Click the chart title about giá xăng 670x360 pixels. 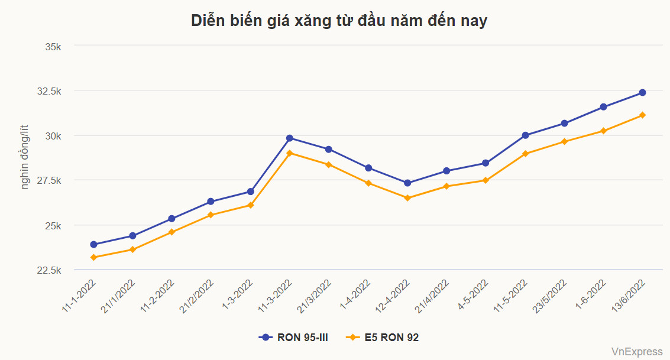[339, 21]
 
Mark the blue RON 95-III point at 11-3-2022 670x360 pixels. [290, 138]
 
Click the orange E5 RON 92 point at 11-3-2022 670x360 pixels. [290, 153]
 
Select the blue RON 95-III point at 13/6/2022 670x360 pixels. [642, 93]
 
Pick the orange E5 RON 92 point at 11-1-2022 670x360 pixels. [93, 257]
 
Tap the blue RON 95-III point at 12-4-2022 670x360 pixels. [407, 183]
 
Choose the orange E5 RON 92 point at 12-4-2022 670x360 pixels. [407, 198]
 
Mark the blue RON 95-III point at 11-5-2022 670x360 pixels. [525, 135]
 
